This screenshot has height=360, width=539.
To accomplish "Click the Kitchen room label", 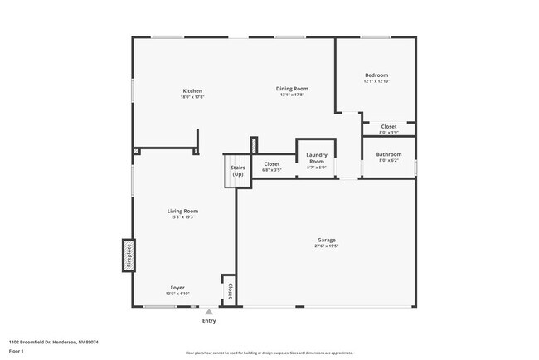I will (192, 90).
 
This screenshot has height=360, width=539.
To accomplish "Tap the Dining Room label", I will (292, 88).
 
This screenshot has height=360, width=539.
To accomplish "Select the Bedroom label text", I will (376, 75).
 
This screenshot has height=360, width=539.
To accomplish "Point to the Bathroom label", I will (388, 154).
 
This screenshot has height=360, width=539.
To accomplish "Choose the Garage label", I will (325, 241).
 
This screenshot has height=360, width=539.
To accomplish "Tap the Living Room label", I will (183, 211).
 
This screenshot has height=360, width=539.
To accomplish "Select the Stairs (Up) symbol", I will (237, 171).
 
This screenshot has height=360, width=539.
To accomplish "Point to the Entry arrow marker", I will (208, 312).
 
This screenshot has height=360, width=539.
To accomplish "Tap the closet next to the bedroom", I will (388, 127).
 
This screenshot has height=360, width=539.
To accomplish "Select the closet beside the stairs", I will (272, 164).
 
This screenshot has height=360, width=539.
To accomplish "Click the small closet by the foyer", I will (229, 290).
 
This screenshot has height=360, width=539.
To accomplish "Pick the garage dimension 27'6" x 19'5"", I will (325, 246).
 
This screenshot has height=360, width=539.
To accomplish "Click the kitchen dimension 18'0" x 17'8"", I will (192, 97).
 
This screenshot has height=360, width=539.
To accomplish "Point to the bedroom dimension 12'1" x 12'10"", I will (376, 81).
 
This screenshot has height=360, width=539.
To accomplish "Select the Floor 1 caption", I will (17, 351).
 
